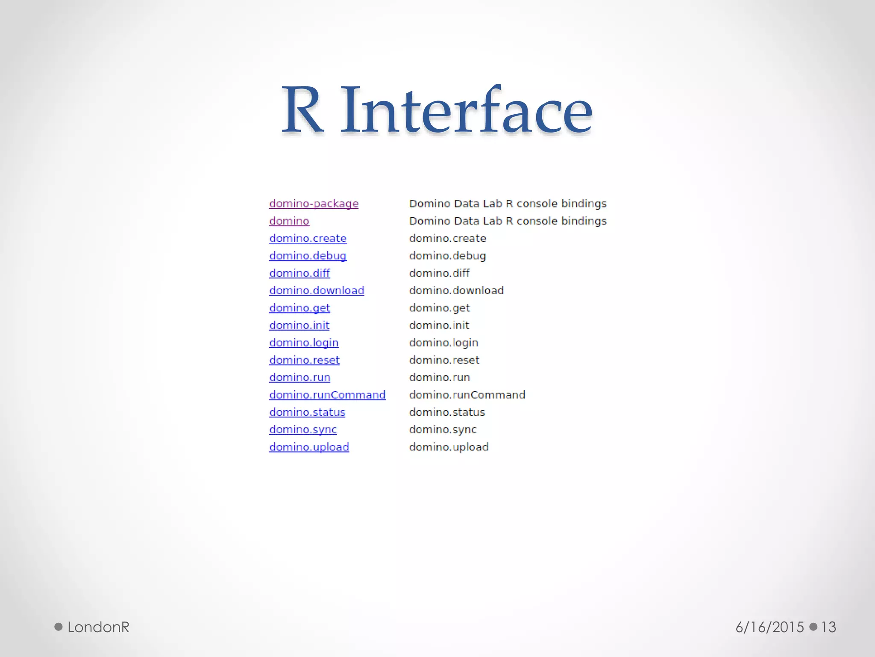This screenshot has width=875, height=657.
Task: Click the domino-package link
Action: [314, 204]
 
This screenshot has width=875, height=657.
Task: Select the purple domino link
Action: [289, 221]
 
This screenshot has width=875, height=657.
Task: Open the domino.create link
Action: [308, 238]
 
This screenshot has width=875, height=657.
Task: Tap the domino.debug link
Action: [308, 256]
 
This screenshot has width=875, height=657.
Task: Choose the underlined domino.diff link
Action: [299, 273]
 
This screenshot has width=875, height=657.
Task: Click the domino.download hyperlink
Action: [317, 290]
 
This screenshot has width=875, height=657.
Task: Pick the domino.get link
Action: [299, 308]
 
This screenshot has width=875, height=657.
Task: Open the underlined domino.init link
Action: [299, 325]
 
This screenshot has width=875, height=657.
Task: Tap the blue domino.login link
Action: [304, 343]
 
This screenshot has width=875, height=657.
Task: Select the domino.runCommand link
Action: [327, 395]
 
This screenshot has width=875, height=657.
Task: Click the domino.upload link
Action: [309, 447]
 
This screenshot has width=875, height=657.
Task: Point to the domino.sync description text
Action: [443, 429]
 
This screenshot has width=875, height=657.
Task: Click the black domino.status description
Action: [447, 412]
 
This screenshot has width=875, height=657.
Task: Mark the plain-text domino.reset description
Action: [444, 360]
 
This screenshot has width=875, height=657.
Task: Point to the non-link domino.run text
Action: [439, 377]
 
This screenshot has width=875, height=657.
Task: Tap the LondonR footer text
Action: [98, 627]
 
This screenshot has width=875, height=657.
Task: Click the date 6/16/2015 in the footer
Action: [770, 627]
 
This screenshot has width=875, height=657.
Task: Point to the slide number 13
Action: [828, 627]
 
